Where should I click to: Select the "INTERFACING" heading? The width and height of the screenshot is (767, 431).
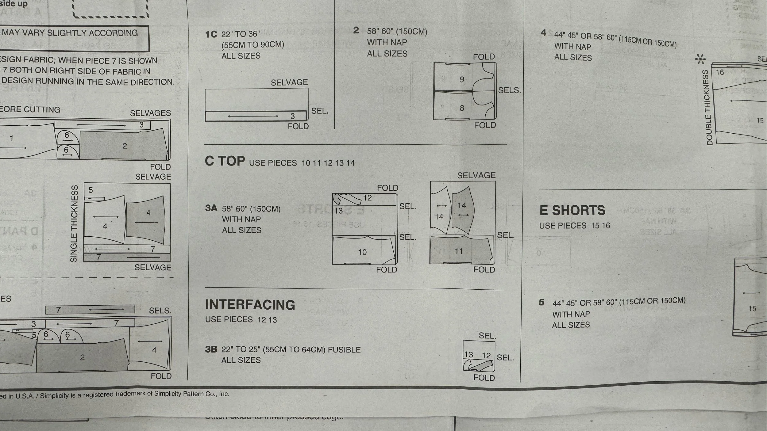tap(250, 305)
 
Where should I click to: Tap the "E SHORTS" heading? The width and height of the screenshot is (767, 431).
tap(572, 211)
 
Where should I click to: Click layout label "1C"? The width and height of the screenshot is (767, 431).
tap(211, 34)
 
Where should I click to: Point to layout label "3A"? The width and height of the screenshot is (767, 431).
tap(211, 208)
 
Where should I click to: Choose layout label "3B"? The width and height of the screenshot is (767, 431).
tap(211, 349)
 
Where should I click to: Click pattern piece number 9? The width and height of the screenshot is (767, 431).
tap(462, 79)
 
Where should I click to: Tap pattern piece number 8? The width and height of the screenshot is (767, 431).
tap(462, 108)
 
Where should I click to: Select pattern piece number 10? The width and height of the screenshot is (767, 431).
tap(362, 252)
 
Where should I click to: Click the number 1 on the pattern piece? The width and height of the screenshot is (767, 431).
tap(12, 138)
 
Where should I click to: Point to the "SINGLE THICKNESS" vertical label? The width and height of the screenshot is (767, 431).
tap(74, 224)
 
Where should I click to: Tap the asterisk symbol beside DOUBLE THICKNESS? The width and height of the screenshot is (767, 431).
tap(700, 59)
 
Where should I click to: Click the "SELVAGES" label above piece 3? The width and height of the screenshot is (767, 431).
tap(150, 113)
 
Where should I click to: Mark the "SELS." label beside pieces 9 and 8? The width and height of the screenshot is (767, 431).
tap(509, 90)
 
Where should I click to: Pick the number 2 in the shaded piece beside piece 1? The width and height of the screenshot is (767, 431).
tap(125, 146)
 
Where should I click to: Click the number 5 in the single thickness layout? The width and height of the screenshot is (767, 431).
tap(91, 190)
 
